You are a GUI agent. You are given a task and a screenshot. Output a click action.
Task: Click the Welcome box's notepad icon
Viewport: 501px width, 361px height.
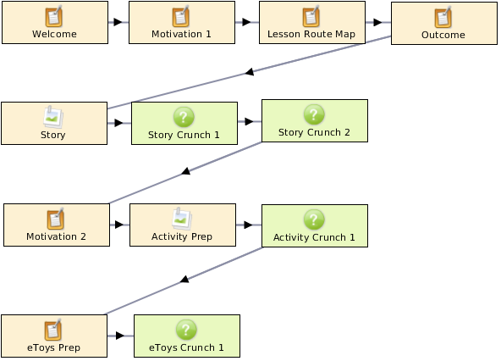(53, 16)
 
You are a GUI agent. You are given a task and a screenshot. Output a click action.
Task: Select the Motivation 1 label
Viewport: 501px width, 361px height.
(181, 34)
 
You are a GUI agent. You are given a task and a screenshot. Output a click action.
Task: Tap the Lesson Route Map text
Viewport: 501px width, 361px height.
(311, 34)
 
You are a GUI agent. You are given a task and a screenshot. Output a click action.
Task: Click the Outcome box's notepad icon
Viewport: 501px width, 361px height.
(443, 17)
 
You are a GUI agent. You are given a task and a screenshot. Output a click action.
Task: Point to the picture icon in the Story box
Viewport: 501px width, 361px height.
(53, 118)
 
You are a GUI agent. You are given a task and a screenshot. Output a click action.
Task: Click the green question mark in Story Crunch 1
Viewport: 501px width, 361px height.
(184, 117)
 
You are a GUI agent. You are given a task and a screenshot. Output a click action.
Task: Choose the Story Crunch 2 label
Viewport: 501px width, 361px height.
(314, 132)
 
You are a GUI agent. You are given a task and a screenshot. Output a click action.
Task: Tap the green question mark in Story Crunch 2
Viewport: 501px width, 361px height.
(314, 114)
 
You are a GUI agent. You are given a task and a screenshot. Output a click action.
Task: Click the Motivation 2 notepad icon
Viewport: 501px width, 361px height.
(55, 219)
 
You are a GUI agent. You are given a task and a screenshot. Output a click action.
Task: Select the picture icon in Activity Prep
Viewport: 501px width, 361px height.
(182, 219)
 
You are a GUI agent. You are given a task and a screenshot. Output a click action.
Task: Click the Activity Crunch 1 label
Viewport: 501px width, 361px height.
(314, 237)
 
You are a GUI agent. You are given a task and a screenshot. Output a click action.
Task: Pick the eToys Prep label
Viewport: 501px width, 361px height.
(53, 347)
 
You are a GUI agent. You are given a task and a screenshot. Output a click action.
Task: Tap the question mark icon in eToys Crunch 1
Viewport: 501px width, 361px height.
(186, 330)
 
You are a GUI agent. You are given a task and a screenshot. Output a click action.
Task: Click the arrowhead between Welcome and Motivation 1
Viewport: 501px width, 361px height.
(118, 22)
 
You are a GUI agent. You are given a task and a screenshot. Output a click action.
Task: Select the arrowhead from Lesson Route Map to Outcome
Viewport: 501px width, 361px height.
(377, 22)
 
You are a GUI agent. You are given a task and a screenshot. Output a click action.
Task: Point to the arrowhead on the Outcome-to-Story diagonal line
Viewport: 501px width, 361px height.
(250, 72)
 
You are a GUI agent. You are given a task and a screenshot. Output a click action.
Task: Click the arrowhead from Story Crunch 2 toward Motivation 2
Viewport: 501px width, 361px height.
(186, 171)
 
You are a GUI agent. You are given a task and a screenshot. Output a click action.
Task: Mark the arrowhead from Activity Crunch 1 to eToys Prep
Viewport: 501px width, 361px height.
(184, 279)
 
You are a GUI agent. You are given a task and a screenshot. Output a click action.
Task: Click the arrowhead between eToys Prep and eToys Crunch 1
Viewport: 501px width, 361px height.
(120, 336)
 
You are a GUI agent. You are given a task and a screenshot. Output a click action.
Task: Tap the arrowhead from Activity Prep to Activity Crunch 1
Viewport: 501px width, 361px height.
(248, 225)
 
